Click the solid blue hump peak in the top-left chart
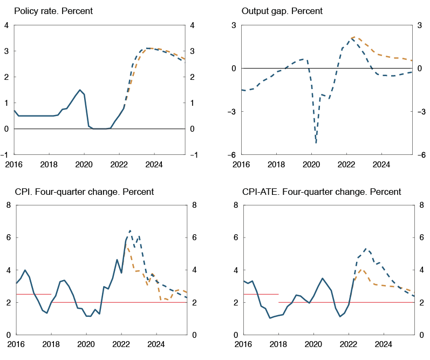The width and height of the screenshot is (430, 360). pos(80,90)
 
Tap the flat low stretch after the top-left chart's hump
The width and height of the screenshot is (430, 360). pos(100,128)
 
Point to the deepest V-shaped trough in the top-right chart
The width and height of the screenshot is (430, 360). pos(316,142)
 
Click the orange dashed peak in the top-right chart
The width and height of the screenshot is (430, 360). pos(354,37)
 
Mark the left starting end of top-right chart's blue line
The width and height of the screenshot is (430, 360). pos(242,90)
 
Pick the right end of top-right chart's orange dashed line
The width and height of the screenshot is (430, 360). pos(412,60)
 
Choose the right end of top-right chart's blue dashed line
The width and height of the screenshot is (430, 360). pos(412,72)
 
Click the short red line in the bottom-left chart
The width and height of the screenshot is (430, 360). pos(33,294)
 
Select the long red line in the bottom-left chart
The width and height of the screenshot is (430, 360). pos(119,302)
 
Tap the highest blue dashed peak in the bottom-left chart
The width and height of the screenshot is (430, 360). pos(130,231)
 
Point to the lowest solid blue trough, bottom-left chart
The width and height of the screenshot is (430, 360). pos(88,316)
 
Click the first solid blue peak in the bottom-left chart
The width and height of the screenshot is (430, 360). pos(25,269)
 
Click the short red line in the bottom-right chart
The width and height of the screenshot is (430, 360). pos(261,294)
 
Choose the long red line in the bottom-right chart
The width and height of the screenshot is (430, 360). pos(345,302)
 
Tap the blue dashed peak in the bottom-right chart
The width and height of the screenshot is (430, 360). pos(367,249)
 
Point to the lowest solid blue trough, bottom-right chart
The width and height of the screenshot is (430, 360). pos(270,318)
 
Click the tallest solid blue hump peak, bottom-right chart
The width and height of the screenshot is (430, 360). pos(323,279)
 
